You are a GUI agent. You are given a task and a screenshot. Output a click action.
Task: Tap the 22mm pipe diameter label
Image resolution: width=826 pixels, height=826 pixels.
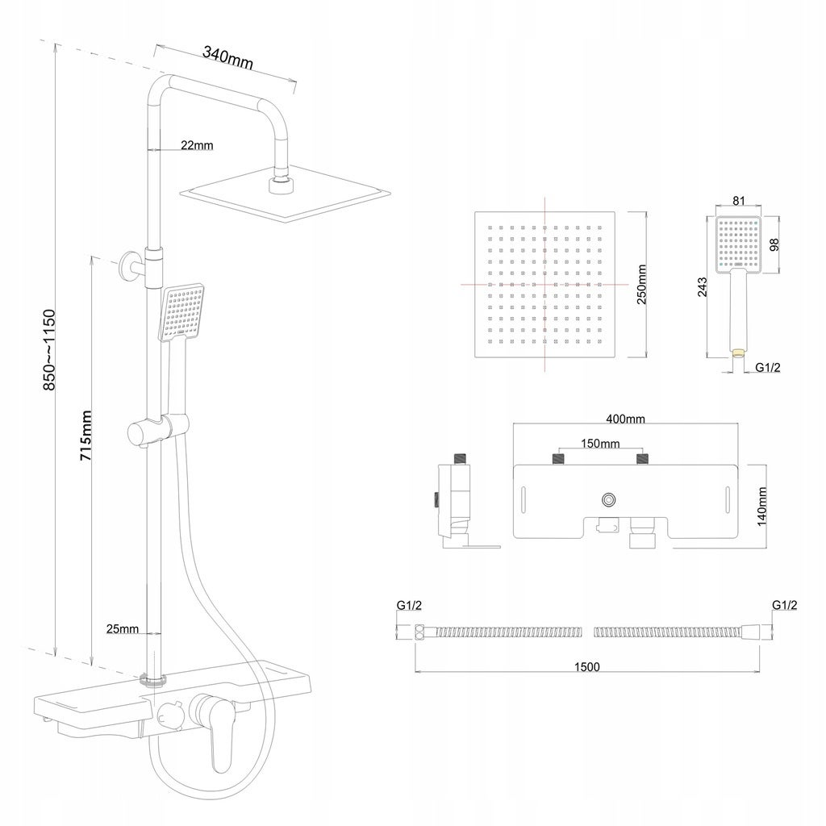click(197, 145)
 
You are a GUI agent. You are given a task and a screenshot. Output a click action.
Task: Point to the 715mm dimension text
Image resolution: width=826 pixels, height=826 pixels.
click(86, 436)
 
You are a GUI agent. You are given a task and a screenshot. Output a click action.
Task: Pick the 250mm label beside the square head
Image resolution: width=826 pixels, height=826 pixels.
click(643, 285)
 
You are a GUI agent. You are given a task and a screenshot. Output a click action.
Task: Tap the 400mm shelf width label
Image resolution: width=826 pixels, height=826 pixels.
click(626, 419)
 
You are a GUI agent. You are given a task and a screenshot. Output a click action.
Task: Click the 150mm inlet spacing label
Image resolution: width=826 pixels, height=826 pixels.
click(599, 444)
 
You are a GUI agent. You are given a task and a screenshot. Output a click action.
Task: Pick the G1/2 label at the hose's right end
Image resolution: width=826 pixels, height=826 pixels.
click(785, 605)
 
